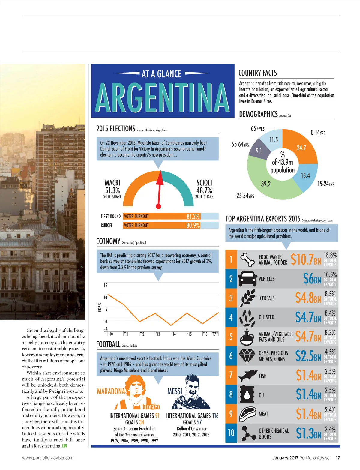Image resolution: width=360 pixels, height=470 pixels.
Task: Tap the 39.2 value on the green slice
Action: click(266, 184)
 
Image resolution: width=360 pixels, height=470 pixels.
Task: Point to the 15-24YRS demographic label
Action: click(325, 184)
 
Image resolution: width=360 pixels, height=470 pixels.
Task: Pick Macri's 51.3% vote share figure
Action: click(112, 190)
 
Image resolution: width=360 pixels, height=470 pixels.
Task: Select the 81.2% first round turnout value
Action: click(193, 216)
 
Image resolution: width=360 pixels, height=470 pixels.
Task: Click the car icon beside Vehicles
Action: click(247, 279)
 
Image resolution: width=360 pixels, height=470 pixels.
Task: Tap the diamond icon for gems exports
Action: click(247, 356)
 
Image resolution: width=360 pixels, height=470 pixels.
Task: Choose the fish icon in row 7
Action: click(247, 375)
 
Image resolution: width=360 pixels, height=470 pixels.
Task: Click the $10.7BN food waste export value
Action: click(306, 259)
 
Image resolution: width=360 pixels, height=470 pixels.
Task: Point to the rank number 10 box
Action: click(231, 433)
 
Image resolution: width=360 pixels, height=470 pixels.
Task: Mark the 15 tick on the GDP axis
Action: click(106, 285)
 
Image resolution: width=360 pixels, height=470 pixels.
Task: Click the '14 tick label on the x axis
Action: click(174, 334)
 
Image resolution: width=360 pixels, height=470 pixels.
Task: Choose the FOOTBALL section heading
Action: click(108, 344)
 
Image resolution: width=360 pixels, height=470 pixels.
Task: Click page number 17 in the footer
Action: click(338, 458)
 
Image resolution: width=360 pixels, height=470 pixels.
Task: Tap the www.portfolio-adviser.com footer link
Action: click(48, 458)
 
